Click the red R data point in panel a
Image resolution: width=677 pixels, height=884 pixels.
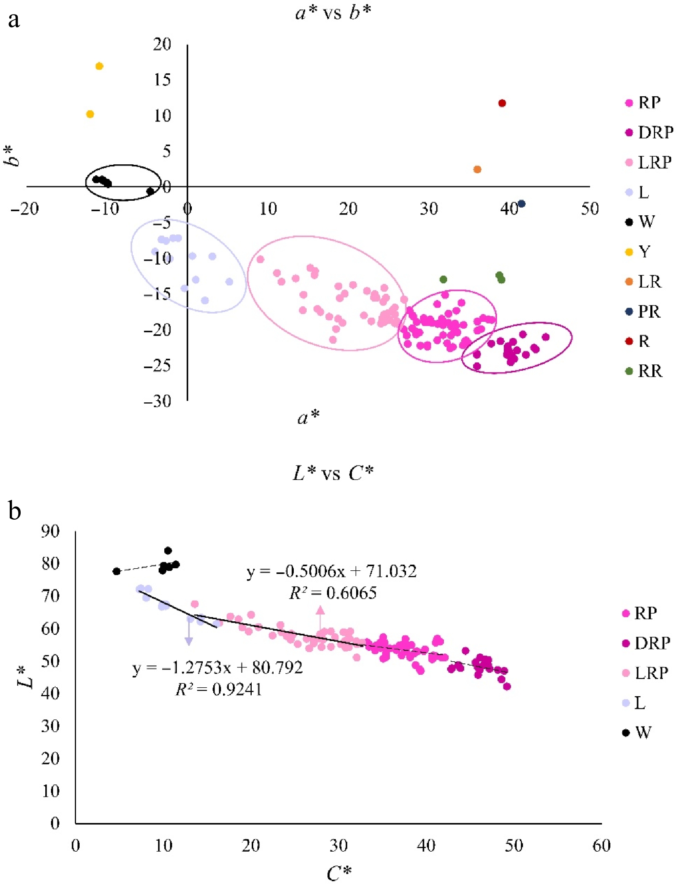(502, 103)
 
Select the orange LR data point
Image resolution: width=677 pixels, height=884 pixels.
(477, 169)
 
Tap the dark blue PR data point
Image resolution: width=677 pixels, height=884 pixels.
(522, 204)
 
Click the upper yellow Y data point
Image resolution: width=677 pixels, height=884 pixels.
(99, 66)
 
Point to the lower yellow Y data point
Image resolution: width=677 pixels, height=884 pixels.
(90, 114)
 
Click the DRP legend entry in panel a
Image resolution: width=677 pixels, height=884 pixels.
(649, 132)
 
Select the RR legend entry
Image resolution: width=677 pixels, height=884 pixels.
(644, 371)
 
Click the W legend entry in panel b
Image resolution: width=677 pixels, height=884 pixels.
(637, 732)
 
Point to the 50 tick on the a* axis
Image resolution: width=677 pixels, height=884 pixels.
(590, 209)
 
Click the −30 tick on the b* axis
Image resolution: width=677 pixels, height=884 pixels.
(157, 401)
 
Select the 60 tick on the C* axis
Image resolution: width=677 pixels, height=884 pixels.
(601, 846)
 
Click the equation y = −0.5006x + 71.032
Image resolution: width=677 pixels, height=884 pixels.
(331, 572)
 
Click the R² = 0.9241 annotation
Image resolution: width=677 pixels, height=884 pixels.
(219, 689)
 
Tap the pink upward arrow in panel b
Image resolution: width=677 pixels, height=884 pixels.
(320, 619)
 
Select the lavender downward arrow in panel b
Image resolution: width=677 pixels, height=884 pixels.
(189, 631)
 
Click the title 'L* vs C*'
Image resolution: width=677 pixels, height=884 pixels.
(333, 473)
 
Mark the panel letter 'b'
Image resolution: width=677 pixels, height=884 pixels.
(15, 511)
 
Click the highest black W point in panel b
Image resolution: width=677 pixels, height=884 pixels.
(168, 550)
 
